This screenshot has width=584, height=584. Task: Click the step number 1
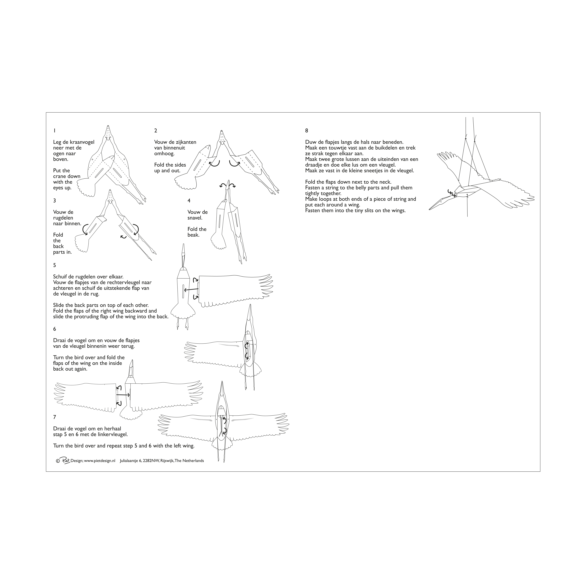pos(54,131)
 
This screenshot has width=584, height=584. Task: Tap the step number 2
pos(156,131)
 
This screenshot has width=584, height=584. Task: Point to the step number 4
pos(189,200)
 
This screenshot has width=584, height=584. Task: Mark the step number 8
pos(307,131)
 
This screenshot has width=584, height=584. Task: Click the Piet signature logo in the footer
pos(65,460)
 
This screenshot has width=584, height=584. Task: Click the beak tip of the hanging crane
pos(429,210)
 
